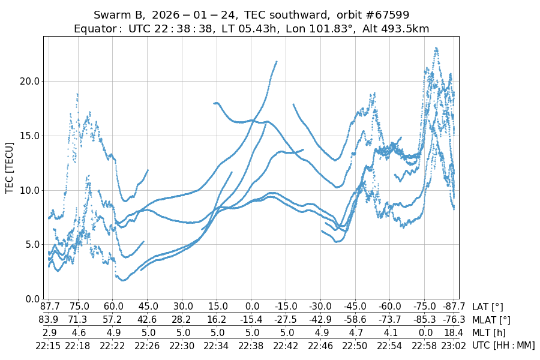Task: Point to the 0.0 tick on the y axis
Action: click(31, 299)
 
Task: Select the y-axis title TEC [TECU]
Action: click(10, 167)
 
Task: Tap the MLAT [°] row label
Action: click(492, 320)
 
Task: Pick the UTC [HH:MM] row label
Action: click(503, 345)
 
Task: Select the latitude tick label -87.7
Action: click(446, 307)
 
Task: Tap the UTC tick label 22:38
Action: click(251, 345)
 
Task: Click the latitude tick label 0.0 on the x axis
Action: click(251, 307)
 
